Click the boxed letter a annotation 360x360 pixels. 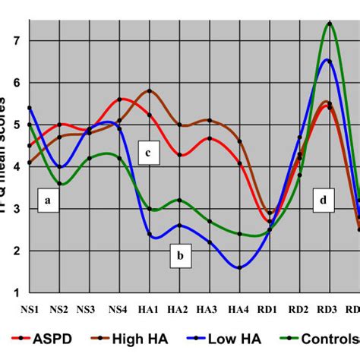[47, 202]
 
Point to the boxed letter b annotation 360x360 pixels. [180, 257]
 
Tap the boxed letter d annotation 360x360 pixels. [324, 201]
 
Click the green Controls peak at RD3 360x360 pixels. [329, 24]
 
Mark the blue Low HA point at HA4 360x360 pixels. [239, 267]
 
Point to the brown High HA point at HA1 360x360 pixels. [150, 91]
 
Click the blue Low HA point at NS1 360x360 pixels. [30, 108]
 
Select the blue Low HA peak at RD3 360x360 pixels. [329, 61]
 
